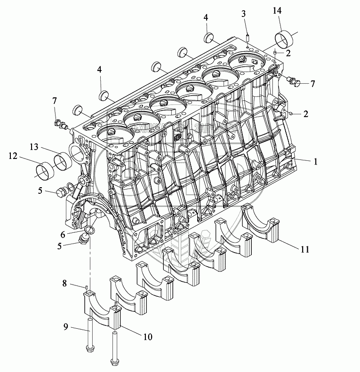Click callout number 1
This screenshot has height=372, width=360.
click(x=316, y=161)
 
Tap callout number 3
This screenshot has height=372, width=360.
click(x=244, y=14)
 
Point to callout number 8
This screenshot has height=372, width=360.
click(x=65, y=284)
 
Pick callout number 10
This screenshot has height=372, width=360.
click(x=147, y=337)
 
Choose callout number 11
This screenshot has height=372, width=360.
click(x=304, y=249)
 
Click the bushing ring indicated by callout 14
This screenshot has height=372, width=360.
click(x=284, y=40)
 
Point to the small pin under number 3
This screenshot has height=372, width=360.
click(x=247, y=36)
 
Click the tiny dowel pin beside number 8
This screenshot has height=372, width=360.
click(x=87, y=286)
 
